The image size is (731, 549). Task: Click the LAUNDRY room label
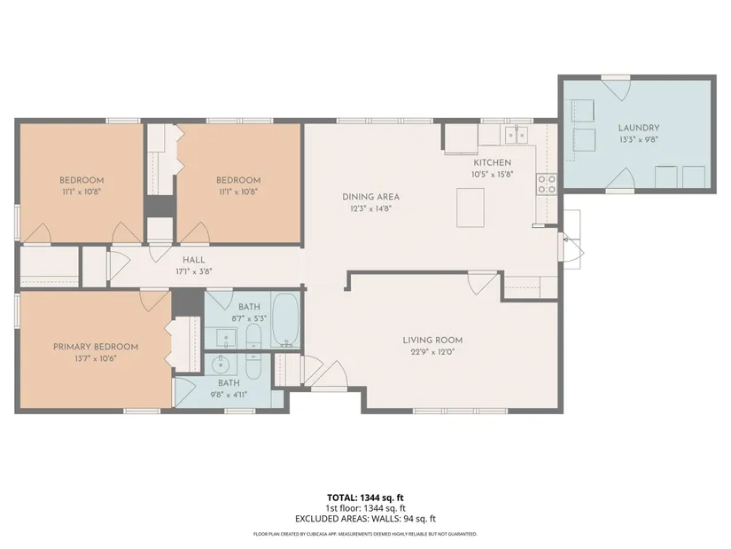click(x=638, y=128)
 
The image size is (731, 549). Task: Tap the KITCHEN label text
click(x=493, y=162)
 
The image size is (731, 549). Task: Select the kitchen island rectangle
click(x=470, y=208)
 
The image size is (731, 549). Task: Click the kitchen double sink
click(x=517, y=135)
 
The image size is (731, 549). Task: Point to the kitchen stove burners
click(x=546, y=184)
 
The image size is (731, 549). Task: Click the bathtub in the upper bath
click(x=285, y=320)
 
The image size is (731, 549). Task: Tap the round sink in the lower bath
click(x=220, y=365)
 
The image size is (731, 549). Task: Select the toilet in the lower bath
click(x=253, y=366)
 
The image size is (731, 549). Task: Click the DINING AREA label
click(x=370, y=197)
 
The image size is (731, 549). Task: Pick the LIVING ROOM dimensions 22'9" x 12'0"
click(x=432, y=351)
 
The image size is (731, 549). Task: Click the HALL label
click(x=193, y=260)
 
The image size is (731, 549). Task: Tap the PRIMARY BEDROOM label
click(x=96, y=347)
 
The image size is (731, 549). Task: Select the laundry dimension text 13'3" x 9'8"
click(x=638, y=139)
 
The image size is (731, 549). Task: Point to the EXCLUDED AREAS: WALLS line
click(x=365, y=519)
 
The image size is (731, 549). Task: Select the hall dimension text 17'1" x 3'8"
click(x=193, y=271)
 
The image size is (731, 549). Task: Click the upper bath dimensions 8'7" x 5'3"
click(x=249, y=319)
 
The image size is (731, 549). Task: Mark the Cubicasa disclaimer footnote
click(x=365, y=534)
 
